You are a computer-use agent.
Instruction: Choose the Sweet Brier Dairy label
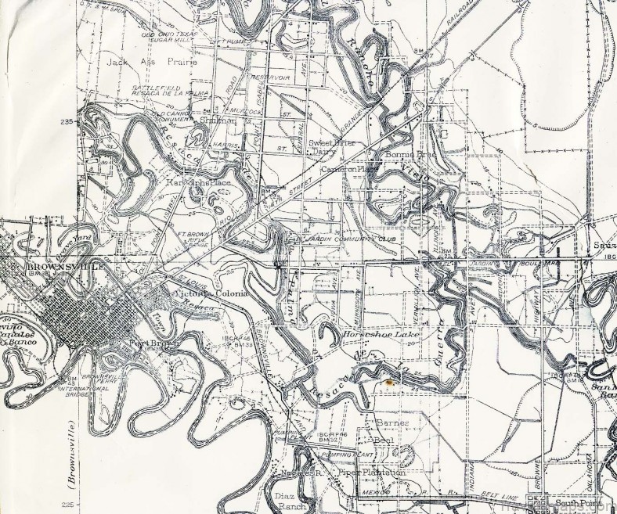[328, 147]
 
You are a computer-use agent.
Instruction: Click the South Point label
[575, 503]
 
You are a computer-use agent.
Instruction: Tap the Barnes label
[392, 423]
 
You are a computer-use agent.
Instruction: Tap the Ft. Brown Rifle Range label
[193, 239]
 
